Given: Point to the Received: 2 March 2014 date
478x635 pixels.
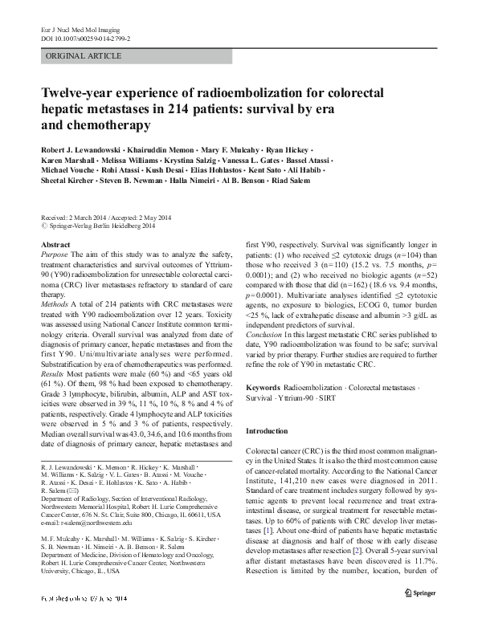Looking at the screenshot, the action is pyautogui.click(x=73, y=218).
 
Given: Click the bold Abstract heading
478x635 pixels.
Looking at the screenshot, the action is pyautogui.click(x=55, y=243).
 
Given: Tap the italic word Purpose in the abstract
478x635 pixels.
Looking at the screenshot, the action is pyautogui.click(x=54, y=254).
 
